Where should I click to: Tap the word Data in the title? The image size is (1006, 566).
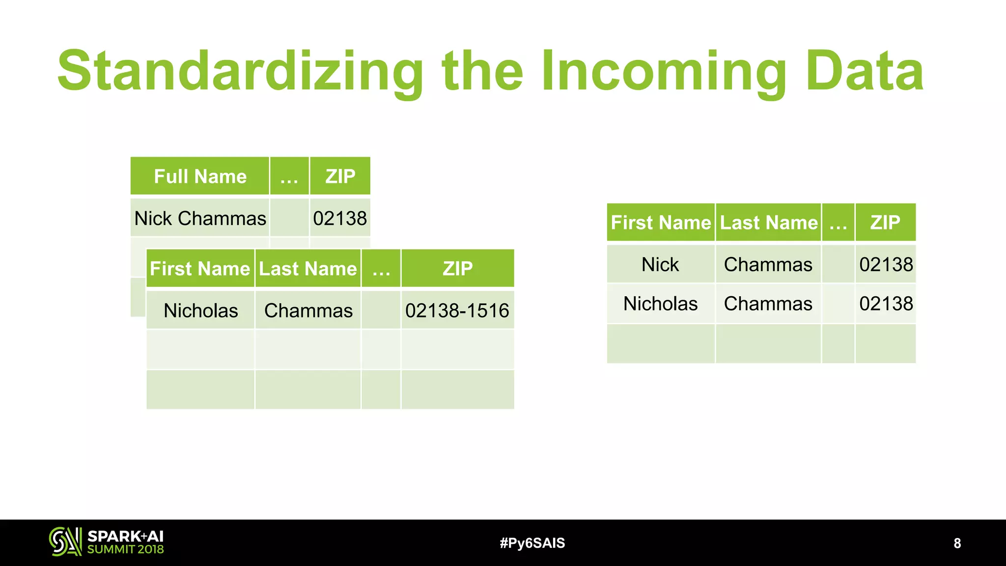tap(865, 71)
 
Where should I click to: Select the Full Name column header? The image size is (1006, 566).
tap(200, 176)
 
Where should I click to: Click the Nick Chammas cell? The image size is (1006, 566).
tap(200, 218)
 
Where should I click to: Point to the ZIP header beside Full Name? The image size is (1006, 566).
tap(340, 176)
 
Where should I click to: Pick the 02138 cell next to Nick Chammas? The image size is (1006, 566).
tap(340, 218)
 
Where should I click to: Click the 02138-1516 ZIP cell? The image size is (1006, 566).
tap(457, 311)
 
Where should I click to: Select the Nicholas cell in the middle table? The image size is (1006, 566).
tap(200, 311)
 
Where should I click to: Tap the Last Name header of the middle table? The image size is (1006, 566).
tap(308, 269)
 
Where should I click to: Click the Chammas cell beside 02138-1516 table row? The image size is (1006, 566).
tap(308, 311)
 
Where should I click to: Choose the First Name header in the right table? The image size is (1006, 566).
tap(661, 223)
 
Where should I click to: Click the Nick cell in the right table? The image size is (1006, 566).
tap(660, 264)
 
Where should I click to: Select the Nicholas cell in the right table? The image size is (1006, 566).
tap(660, 304)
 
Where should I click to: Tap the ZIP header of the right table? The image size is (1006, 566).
tap(885, 223)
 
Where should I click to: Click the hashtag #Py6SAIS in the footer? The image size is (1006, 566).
tap(532, 543)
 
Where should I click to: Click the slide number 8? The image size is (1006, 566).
tap(957, 543)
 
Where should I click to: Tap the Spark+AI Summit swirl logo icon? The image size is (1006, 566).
tap(65, 541)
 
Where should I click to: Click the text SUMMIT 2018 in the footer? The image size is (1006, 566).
tap(125, 549)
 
